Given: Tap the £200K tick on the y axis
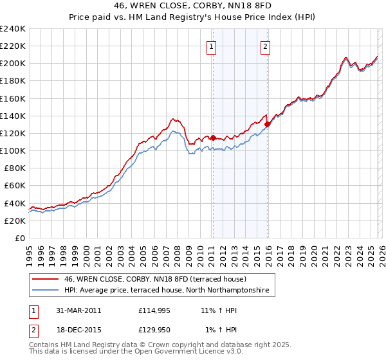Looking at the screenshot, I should coord(13,63).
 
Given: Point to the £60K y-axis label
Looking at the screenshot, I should coord(15,185).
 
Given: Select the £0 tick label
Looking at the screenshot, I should coord(20,238).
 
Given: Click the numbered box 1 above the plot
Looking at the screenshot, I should coord(212,46).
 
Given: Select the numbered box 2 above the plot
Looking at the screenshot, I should coord(265,46).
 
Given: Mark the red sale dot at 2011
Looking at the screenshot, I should coord(213,137).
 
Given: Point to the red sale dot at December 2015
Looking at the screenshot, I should coord(267,124).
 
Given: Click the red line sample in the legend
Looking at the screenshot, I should coord(45,280).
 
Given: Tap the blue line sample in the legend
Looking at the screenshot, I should coord(45,291).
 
